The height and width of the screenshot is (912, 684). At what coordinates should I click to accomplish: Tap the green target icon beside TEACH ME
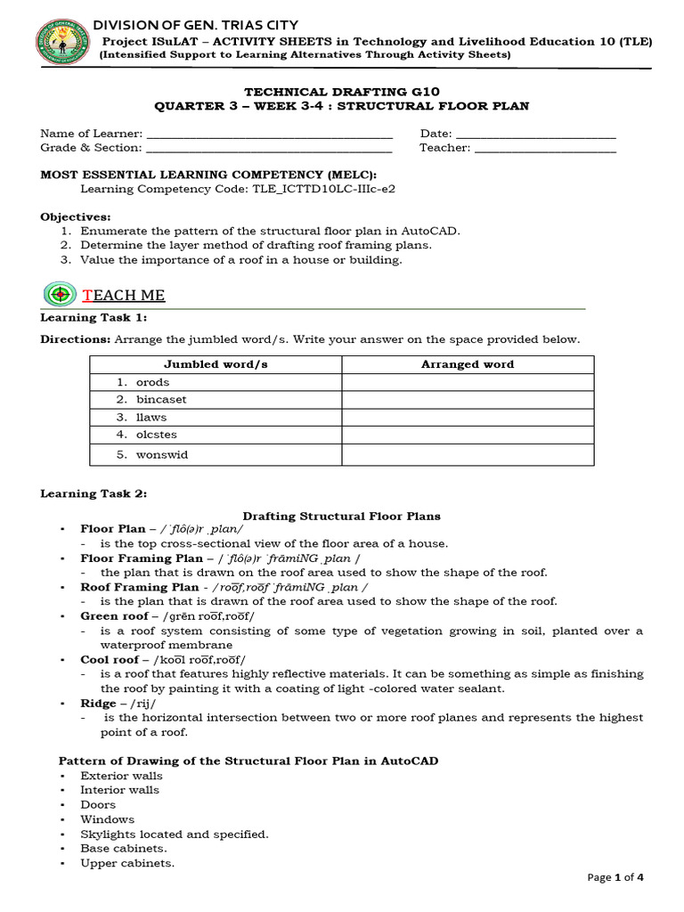pyautogui.click(x=61, y=293)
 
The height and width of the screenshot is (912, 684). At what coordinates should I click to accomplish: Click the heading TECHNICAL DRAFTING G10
pyautogui.click(x=342, y=91)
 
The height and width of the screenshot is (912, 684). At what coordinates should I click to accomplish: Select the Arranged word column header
pyautogui.click(x=468, y=364)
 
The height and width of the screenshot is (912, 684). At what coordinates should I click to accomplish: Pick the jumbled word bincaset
pyautogui.click(x=161, y=400)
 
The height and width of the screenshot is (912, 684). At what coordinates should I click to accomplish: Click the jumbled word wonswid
pyautogui.click(x=162, y=455)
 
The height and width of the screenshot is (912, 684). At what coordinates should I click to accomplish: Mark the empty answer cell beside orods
pyautogui.click(x=468, y=382)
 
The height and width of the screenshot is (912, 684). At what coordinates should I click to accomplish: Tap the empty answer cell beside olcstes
pyautogui.click(x=468, y=435)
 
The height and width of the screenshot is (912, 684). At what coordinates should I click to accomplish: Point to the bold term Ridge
pyautogui.click(x=98, y=704)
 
